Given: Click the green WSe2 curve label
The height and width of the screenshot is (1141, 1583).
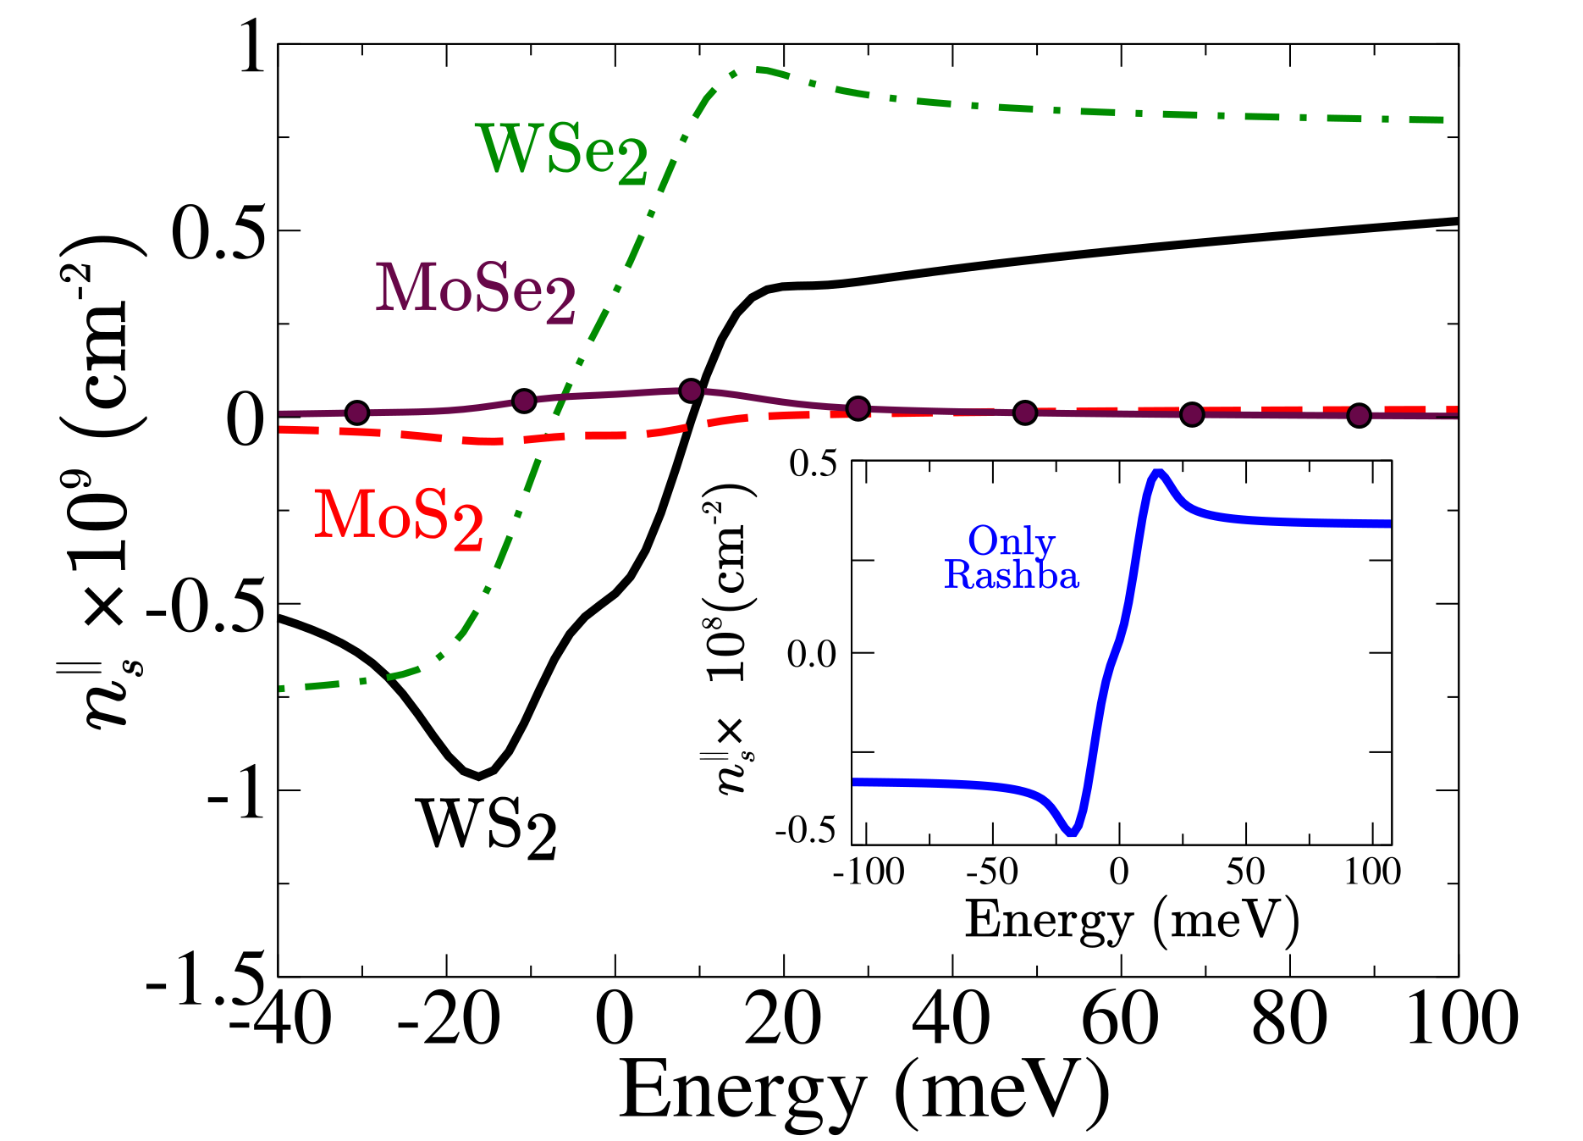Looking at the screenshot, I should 562,152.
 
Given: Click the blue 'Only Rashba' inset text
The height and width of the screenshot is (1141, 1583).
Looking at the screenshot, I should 1012,558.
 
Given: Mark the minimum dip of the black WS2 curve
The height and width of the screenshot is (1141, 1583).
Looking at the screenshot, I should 478,775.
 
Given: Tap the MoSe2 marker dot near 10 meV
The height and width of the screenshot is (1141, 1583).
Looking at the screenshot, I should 691,390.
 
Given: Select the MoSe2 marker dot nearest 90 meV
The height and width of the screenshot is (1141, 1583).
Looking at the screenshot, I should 1359,415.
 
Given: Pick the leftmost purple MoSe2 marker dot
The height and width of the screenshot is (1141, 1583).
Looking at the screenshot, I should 357,413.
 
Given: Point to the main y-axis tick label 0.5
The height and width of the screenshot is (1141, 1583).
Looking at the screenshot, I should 219,230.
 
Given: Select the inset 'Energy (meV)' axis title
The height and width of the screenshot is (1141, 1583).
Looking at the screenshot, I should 1132,920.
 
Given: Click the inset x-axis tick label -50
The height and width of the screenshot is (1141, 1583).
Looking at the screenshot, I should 992,872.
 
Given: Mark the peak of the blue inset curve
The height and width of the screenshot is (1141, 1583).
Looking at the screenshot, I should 1158,473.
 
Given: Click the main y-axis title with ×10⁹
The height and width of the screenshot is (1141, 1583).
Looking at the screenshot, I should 106,483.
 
